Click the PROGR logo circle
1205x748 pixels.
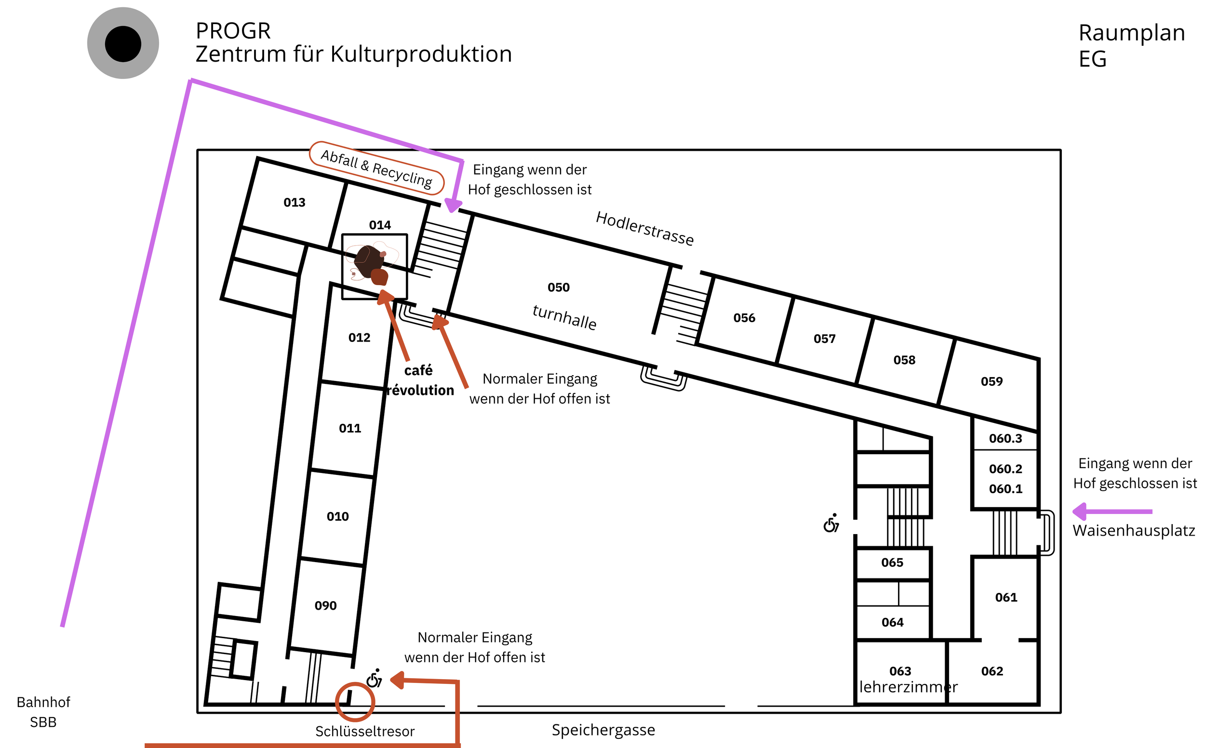point(123,43)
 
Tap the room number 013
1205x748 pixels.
point(294,202)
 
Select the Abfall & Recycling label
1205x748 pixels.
point(376,168)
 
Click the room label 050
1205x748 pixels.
point(559,288)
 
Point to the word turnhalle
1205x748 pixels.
point(564,316)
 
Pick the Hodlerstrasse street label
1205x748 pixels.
point(644,228)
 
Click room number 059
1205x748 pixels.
point(991,381)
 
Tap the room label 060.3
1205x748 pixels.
point(1005,438)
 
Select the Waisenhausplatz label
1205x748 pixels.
point(1134,531)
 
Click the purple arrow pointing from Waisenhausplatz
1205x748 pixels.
point(1111,512)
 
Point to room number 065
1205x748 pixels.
point(892,563)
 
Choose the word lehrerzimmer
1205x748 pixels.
point(909,687)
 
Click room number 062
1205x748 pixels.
point(992,671)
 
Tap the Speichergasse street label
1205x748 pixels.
point(603,730)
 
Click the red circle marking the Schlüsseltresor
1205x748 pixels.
point(354,701)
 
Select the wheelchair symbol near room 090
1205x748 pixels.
point(374,679)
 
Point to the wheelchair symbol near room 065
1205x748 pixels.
point(831,524)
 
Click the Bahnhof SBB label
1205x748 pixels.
point(43,712)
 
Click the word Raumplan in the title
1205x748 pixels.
point(1132,33)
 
